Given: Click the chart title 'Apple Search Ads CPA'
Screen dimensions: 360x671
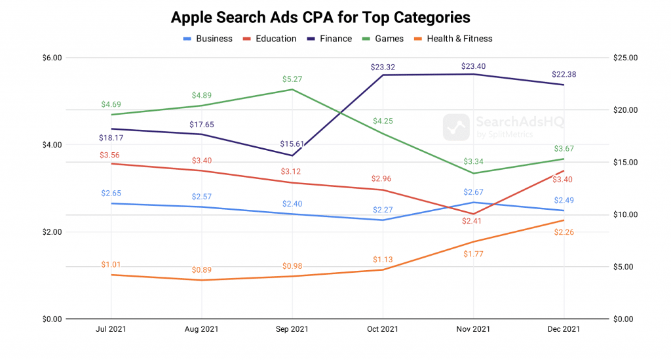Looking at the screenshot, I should pos(320,16).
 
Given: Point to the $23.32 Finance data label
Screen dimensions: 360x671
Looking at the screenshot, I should pos(382,67).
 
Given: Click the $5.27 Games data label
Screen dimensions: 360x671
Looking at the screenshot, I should pos(292,79).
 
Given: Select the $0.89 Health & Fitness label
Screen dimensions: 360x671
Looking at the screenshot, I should pos(202,270).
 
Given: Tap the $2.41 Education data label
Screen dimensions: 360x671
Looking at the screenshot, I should pos(472,222).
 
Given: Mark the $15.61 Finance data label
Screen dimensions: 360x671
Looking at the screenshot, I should pos(292,144).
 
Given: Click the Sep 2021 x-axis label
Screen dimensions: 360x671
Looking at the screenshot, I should pos(292,329).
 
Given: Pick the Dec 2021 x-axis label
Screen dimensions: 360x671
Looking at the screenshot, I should pos(563,329).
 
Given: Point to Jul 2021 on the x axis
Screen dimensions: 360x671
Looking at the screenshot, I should pos(111,329).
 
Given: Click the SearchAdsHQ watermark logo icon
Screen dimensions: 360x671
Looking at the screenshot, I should pos(456,127).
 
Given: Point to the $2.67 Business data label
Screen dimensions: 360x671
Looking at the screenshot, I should pos(472,192).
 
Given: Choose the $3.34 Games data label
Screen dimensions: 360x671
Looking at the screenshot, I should pos(472,161).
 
